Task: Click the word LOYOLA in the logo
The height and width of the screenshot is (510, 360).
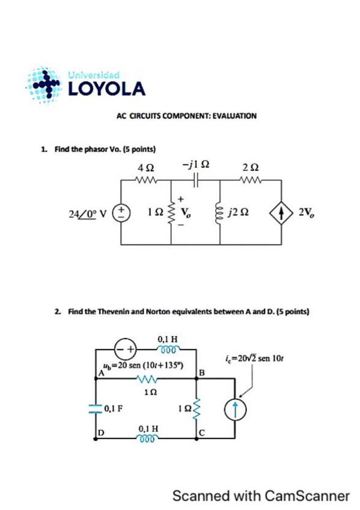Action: point(106,89)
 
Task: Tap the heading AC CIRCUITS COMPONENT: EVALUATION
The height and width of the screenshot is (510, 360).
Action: point(186,115)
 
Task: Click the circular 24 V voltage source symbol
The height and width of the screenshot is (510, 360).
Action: point(121,212)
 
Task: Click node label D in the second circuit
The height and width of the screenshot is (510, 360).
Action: point(101,431)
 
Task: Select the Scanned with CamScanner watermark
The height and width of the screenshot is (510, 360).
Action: point(261,496)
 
